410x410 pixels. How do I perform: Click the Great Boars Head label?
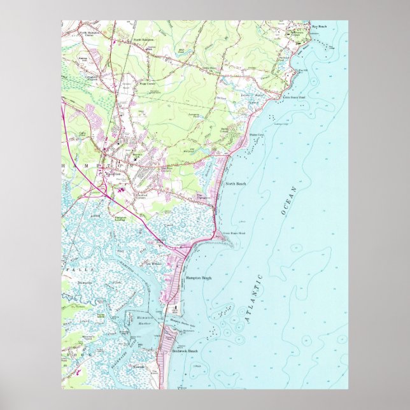pyautogui.click(x=233, y=234)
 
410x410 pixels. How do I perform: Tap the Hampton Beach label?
pyautogui.click(x=198, y=278)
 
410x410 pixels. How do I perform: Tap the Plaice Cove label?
pyautogui.click(x=257, y=136)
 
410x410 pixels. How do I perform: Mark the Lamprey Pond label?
pyautogui.click(x=194, y=116)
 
